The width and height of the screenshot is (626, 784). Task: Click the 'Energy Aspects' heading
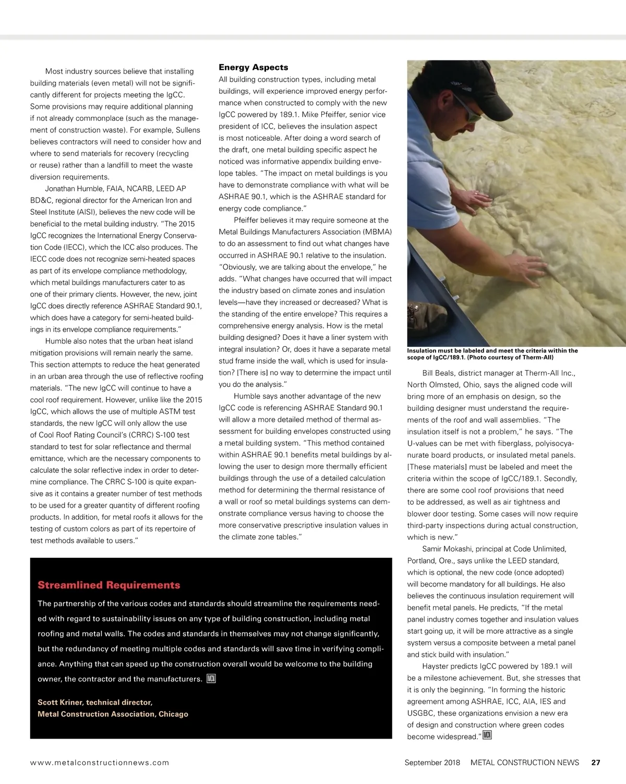pyautogui.click(x=253, y=67)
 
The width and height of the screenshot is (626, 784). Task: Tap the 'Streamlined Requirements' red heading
pyautogui.click(x=109, y=585)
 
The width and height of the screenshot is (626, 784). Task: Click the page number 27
pyautogui.click(x=595, y=762)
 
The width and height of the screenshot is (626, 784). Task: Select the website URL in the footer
pyautogui.click(x=100, y=762)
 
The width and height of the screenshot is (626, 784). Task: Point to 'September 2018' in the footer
pyautogui.click(x=432, y=762)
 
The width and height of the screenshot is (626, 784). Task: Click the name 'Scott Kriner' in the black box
pyautogui.click(x=59, y=702)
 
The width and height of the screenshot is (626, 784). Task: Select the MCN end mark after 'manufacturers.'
pyautogui.click(x=211, y=678)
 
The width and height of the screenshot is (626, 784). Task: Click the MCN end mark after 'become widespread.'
pyautogui.click(x=487, y=735)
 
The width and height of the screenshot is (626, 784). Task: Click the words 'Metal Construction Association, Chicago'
pyautogui.click(x=113, y=714)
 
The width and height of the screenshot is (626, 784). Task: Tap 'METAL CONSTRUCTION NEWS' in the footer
pyautogui.click(x=524, y=762)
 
